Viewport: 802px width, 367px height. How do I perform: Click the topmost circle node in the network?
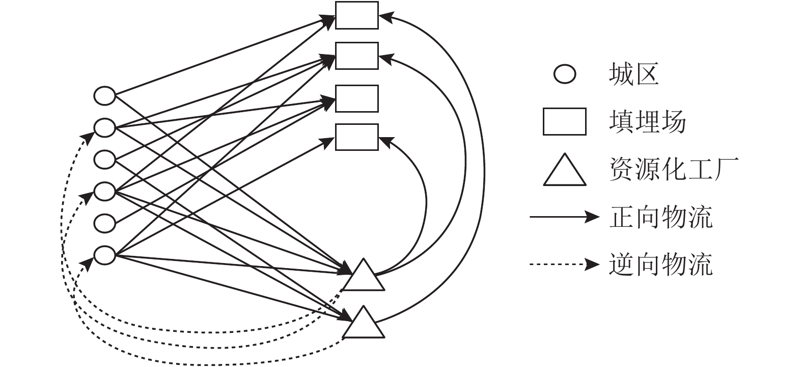pyautogui.click(x=105, y=95)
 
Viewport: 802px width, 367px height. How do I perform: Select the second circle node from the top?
pyautogui.click(x=105, y=127)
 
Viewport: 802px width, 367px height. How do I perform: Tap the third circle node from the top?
pyautogui.click(x=105, y=159)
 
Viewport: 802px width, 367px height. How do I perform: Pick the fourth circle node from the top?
pyautogui.click(x=105, y=191)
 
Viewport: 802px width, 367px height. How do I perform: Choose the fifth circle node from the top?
pyautogui.click(x=105, y=223)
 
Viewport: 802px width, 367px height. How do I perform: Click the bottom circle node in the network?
pyautogui.click(x=105, y=255)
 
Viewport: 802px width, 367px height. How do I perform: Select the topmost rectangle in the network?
pyautogui.click(x=356, y=15)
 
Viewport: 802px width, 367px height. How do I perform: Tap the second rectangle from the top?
pyautogui.click(x=356, y=56)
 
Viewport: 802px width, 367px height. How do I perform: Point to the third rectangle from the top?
pyautogui.click(x=356, y=98)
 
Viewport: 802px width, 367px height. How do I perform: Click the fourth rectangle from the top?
pyautogui.click(x=356, y=137)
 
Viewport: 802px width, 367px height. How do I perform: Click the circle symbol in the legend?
pyautogui.click(x=565, y=74)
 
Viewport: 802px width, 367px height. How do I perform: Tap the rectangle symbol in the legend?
pyautogui.click(x=564, y=122)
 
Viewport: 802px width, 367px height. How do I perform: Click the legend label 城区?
pyautogui.click(x=633, y=74)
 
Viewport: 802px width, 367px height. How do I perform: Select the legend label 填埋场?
pyautogui.click(x=647, y=122)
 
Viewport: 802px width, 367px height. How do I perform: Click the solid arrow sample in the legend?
pyautogui.click(x=564, y=217)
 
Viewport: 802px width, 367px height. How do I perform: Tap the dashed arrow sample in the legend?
pyautogui.click(x=564, y=264)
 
